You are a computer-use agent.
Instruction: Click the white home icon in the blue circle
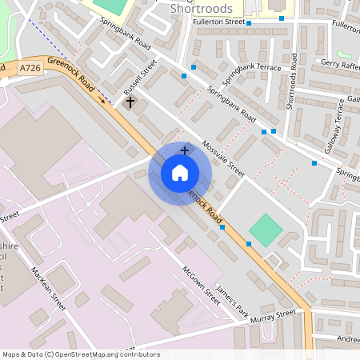pyautogui.click(x=180, y=172)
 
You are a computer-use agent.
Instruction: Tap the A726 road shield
pyautogui.click(x=30, y=69)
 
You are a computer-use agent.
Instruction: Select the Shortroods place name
pyautogui.click(x=202, y=9)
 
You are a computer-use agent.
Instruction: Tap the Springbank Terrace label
pyautogui.click(x=253, y=68)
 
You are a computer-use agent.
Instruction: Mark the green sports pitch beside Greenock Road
pyautogui.click(x=265, y=230)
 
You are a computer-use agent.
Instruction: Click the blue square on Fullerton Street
pyautogui.click(x=249, y=23)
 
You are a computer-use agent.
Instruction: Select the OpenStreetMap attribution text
pyautogui.click(x=80, y=354)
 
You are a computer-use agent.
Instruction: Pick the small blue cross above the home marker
pyautogui.click(x=185, y=150)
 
